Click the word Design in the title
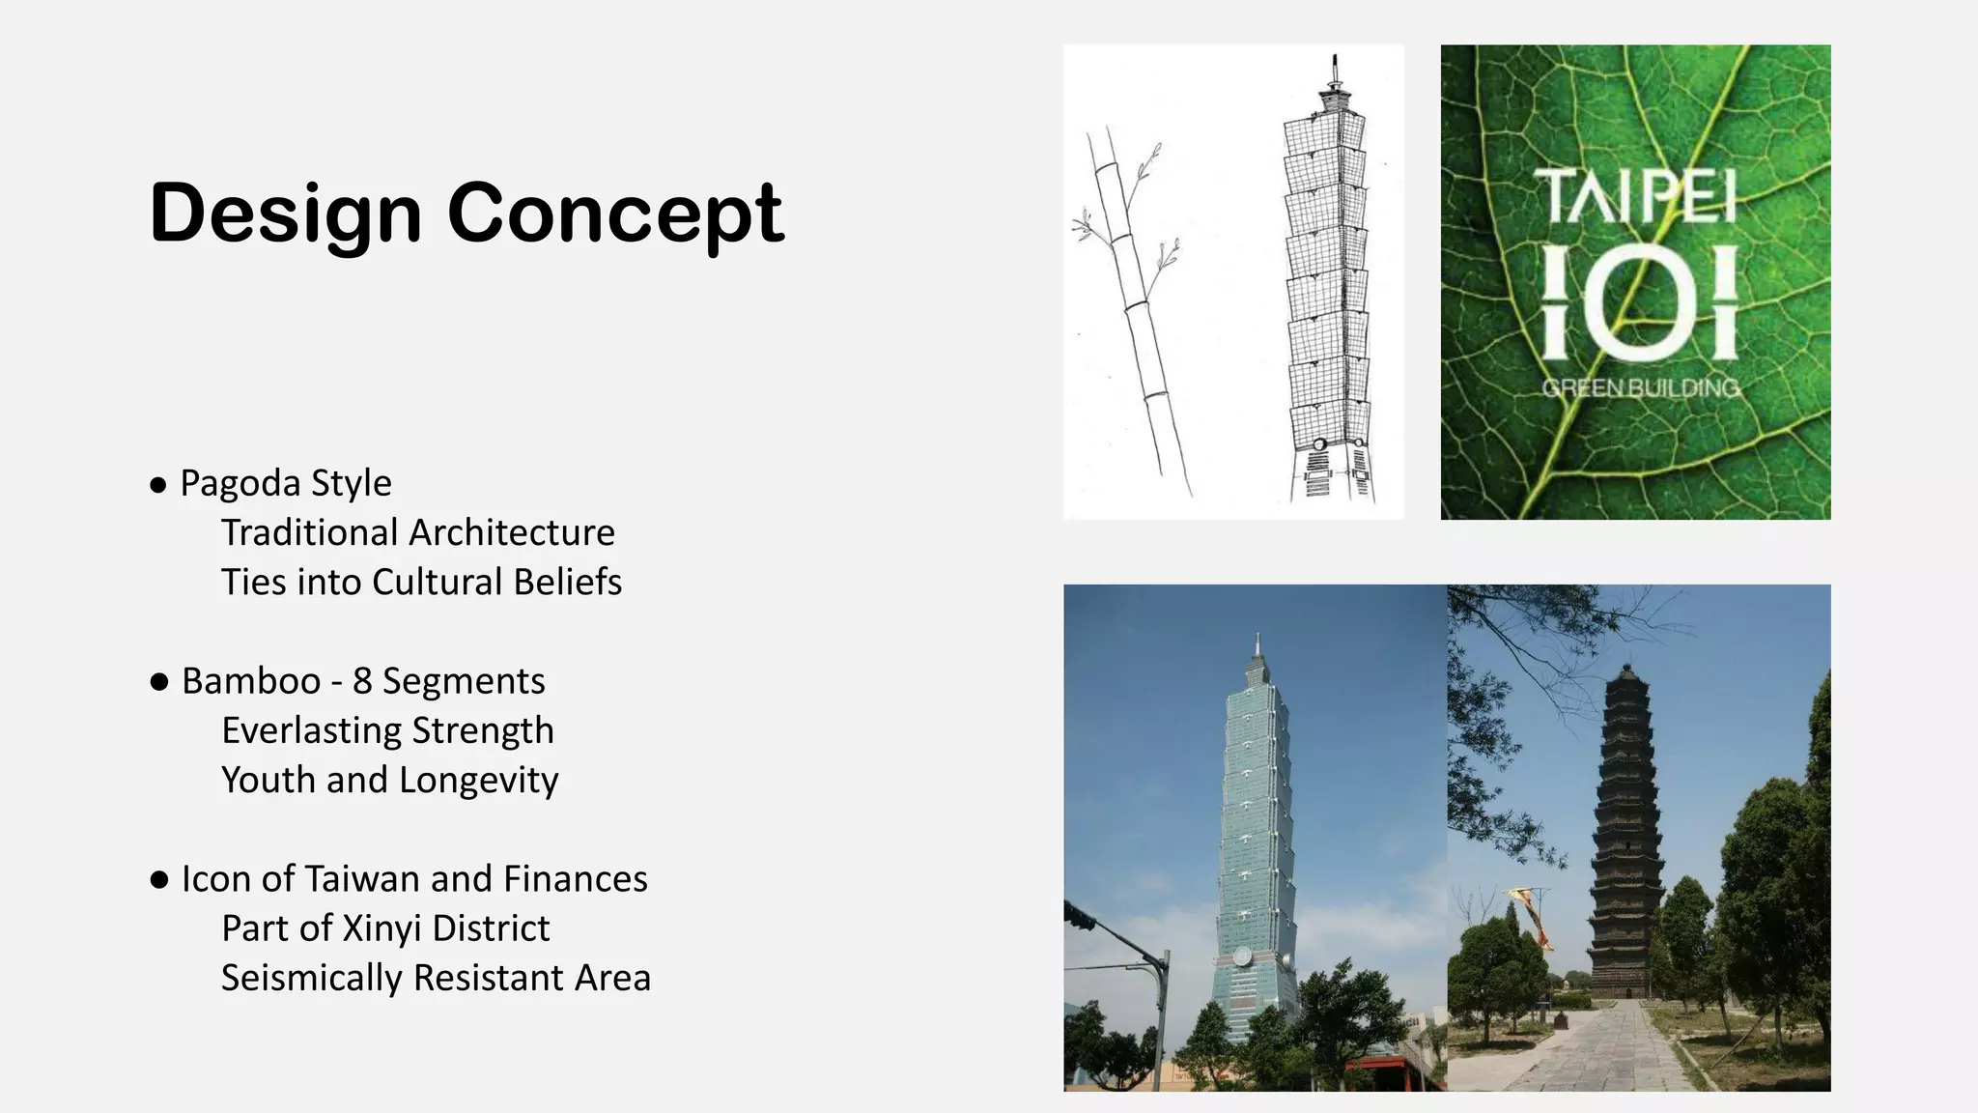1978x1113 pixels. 286,214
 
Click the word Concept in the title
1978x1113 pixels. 614,214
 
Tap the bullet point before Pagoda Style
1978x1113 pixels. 158,485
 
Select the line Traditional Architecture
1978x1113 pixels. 417,533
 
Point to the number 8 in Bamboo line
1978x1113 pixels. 362,681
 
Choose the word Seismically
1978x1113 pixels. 311,978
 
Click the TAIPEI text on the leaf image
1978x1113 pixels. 1634,196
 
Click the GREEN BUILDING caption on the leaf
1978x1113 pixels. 1639,388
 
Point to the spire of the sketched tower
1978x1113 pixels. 1336,72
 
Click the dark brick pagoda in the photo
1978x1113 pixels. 1626,841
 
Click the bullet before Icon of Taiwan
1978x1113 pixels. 159,880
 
